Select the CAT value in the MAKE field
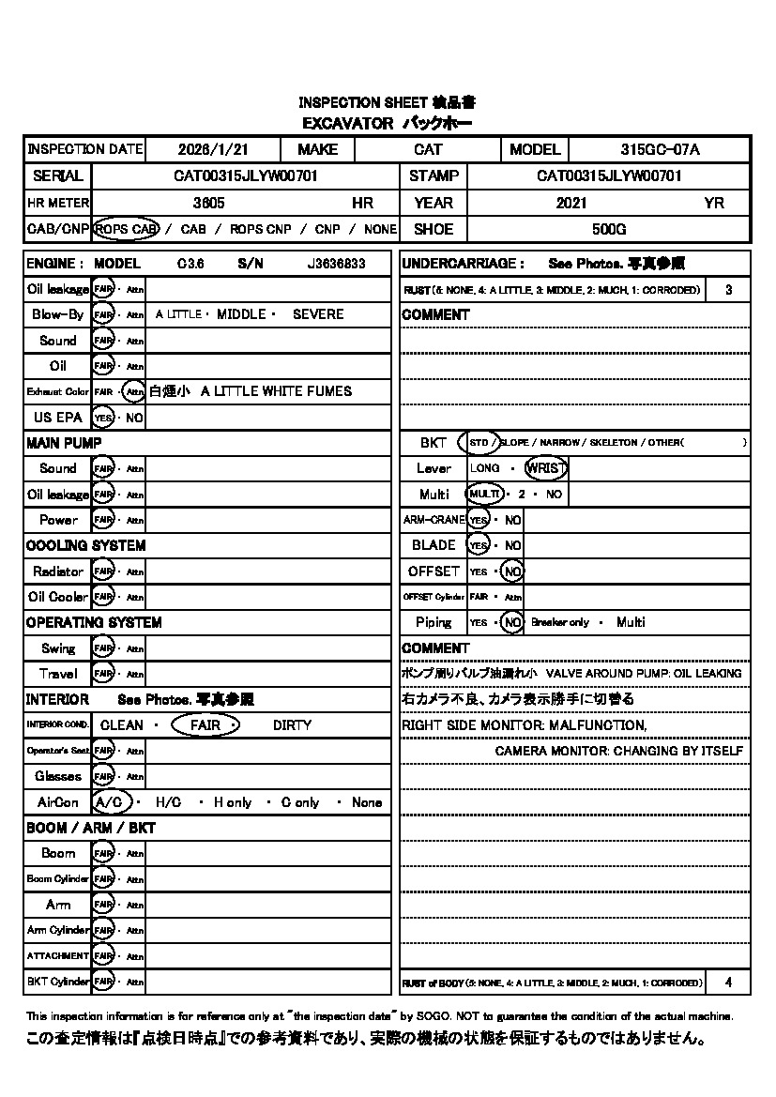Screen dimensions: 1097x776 click(x=428, y=149)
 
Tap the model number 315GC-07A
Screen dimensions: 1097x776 click(x=660, y=149)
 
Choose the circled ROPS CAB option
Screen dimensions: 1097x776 click(x=127, y=229)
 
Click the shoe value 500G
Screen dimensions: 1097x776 click(x=609, y=229)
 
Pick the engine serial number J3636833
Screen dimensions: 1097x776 click(x=336, y=265)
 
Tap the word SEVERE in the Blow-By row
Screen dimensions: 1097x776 click(x=318, y=314)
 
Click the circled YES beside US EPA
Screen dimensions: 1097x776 click(x=103, y=418)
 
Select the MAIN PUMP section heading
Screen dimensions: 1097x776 click(x=64, y=443)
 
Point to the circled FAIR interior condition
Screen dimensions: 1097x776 click(x=205, y=725)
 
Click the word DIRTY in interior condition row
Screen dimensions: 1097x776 click(x=292, y=725)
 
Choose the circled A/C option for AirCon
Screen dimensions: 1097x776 click(x=112, y=802)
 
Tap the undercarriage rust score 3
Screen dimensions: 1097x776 click(x=729, y=290)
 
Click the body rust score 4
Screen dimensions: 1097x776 click(x=729, y=983)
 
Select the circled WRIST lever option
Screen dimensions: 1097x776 click(x=545, y=468)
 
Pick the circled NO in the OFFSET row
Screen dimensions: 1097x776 click(x=511, y=571)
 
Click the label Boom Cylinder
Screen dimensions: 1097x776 click(x=57, y=879)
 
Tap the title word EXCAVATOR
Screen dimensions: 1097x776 click(x=347, y=123)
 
